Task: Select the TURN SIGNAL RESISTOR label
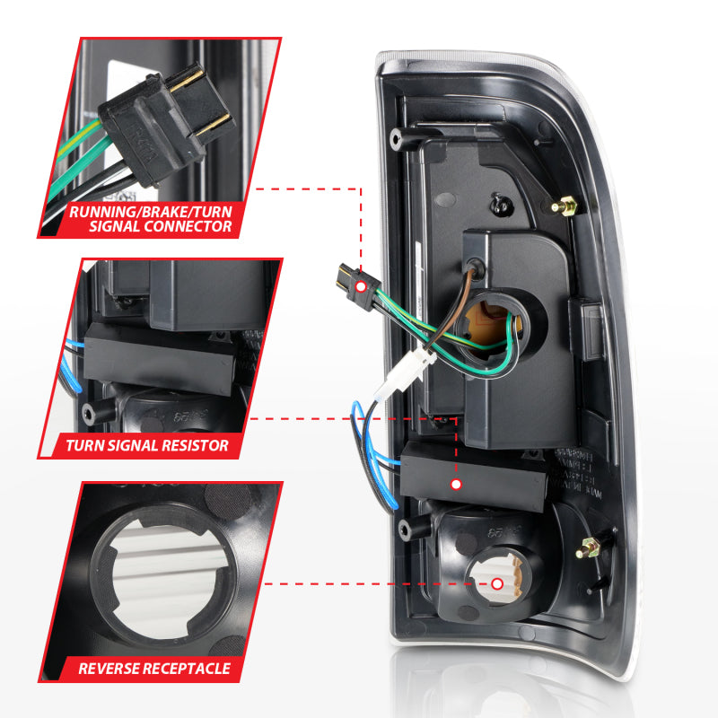tap(147, 444)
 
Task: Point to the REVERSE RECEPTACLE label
tap(154, 669)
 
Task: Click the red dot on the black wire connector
tap(360, 285)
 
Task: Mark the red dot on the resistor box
tap(456, 485)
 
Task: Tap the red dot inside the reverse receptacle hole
tap(497, 583)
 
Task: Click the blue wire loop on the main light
tap(367, 440)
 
